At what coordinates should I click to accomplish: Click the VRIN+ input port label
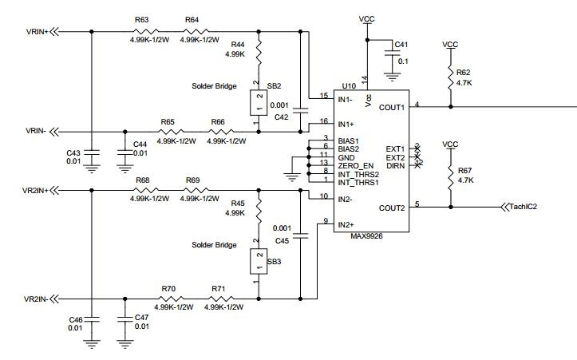click(x=38, y=32)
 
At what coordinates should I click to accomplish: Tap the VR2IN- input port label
click(x=36, y=299)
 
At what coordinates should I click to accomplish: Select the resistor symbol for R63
click(x=146, y=32)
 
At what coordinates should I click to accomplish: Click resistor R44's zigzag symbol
click(x=259, y=52)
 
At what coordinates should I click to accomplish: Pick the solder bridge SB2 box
click(x=259, y=103)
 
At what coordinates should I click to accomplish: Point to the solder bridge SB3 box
click(x=259, y=261)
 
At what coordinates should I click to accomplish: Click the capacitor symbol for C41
click(x=392, y=52)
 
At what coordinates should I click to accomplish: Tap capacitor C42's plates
click(x=300, y=109)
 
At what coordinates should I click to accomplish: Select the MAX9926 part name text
click(x=366, y=236)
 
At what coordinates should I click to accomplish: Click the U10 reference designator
click(x=349, y=86)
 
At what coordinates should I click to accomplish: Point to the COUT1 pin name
click(x=392, y=108)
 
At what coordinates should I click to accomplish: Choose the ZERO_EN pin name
click(x=355, y=166)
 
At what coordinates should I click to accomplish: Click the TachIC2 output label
click(x=523, y=207)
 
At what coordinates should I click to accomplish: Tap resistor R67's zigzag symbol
click(x=451, y=178)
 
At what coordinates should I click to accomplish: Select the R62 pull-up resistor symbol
click(x=451, y=77)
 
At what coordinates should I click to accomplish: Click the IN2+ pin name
click(x=346, y=225)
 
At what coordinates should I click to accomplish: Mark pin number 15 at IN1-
click(x=324, y=96)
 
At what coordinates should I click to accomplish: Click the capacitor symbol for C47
click(x=124, y=318)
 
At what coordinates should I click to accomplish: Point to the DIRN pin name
click(x=396, y=166)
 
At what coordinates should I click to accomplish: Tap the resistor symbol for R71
click(x=221, y=299)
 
